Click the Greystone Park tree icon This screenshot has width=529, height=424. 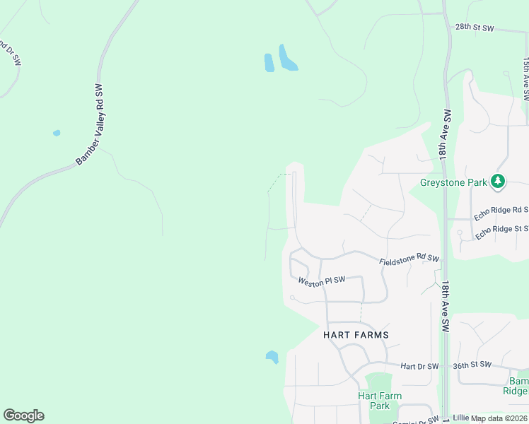pyautogui.click(x=499, y=182)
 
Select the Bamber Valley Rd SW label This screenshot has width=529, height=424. pyautogui.click(x=93, y=125)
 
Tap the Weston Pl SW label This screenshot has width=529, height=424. pyautogui.click(x=321, y=281)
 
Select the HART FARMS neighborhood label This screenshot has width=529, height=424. pyautogui.click(x=356, y=334)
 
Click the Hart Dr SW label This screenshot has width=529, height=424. pyautogui.click(x=419, y=366)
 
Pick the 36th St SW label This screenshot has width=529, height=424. pyautogui.click(x=472, y=365)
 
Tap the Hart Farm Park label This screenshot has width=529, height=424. pyautogui.click(x=380, y=401)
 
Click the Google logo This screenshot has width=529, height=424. pyautogui.click(x=23, y=416)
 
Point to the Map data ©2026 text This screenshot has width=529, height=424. pyautogui.click(x=499, y=418)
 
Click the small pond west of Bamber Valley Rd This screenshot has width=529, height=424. pyautogui.click(x=57, y=132)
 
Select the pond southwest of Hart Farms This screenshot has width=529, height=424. pyautogui.click(x=272, y=357)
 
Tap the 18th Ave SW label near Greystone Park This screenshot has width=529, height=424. pyautogui.click(x=446, y=135)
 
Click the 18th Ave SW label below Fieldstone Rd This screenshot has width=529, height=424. pyautogui.click(x=446, y=307)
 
